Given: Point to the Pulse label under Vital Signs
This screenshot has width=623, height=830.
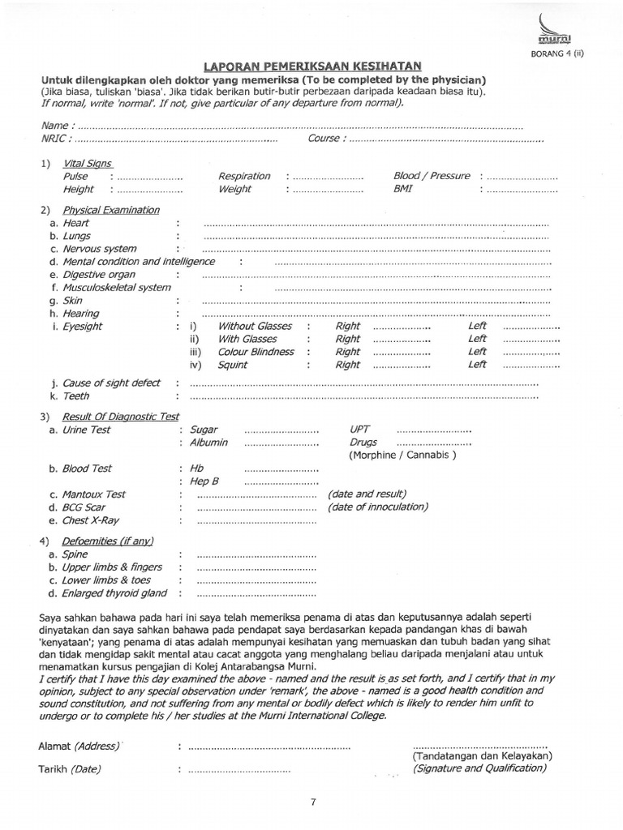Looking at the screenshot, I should (x=75, y=177).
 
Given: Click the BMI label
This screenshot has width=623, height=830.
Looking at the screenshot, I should (x=403, y=189).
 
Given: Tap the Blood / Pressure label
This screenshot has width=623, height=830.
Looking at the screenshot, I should (x=431, y=176).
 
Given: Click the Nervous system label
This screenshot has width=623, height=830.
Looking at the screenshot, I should (x=99, y=249).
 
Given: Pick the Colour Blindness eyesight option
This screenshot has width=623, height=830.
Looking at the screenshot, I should (x=256, y=352).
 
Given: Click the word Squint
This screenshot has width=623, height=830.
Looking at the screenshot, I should (x=233, y=365).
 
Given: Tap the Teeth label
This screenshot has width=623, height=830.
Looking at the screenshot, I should (x=76, y=396).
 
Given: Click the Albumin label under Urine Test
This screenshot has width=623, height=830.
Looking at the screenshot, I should (x=208, y=443).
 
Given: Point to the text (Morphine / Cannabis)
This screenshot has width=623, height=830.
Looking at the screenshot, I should (x=402, y=456).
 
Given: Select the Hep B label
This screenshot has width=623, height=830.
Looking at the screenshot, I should (x=204, y=481).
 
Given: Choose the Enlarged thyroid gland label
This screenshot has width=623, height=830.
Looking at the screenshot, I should (x=114, y=593).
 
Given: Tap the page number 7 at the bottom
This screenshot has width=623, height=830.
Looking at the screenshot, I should (x=312, y=802).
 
